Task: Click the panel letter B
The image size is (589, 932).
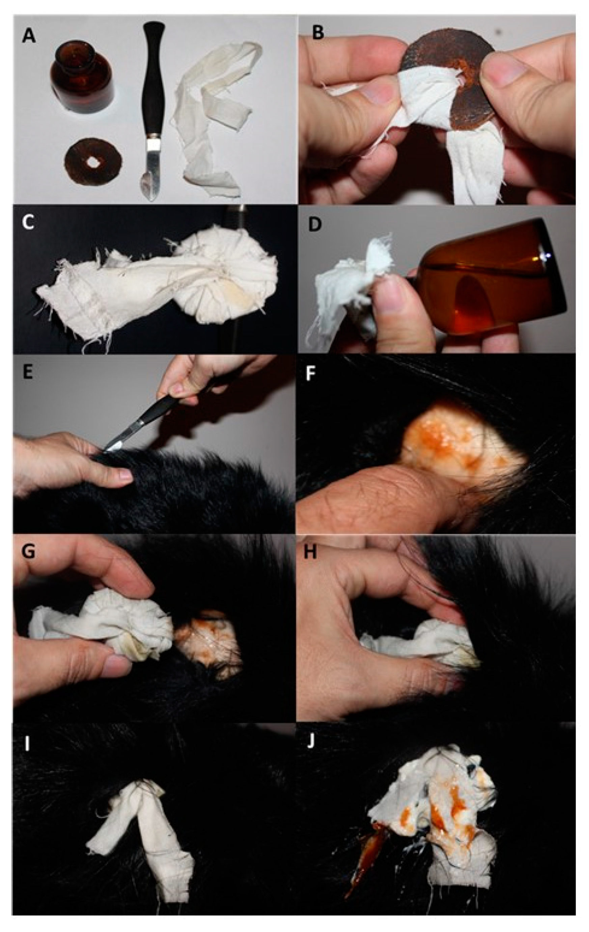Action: (x=317, y=32)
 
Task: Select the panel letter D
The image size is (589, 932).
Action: (x=314, y=224)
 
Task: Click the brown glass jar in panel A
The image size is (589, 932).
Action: (x=82, y=78)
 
